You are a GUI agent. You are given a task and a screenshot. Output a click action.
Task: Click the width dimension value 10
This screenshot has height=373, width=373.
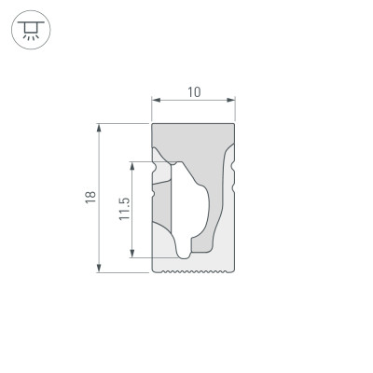coord(194,91)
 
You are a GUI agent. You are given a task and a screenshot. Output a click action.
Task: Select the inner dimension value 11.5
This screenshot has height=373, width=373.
coord(123,210)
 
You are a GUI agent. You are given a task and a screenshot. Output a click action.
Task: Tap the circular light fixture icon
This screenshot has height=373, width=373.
coord(30,31)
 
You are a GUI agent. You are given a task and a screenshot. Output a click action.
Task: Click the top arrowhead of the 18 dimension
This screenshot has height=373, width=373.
coord(100,127)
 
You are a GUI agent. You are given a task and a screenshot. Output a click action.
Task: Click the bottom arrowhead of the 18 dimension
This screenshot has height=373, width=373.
coord(100,269)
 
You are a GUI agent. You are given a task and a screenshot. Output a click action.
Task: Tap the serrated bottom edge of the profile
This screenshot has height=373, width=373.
coord(193,272)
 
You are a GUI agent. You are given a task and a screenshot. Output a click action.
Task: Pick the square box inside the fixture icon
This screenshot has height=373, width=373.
coord(30,27)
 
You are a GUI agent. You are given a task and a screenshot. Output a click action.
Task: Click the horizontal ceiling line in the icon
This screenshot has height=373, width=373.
coord(30,21)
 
